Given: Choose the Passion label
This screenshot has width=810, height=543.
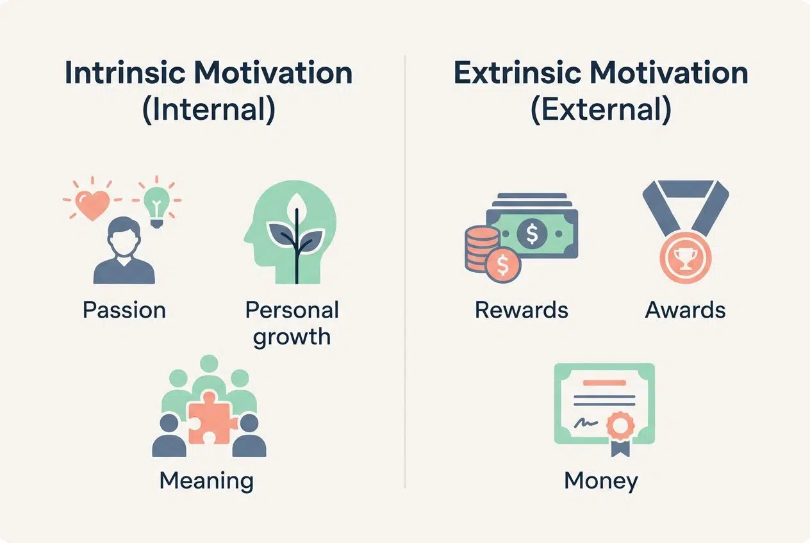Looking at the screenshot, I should click(x=124, y=310).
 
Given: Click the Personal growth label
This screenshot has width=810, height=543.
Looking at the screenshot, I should click(x=292, y=323).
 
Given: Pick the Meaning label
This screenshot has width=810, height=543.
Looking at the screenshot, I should click(x=206, y=480).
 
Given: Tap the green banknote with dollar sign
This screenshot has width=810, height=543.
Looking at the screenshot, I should click(x=532, y=234).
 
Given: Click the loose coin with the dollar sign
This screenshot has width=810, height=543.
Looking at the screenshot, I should click(x=503, y=264).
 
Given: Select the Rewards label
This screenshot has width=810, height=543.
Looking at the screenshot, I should click(x=521, y=310).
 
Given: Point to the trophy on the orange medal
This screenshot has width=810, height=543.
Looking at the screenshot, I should click(x=684, y=256).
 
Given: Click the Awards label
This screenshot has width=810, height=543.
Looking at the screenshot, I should click(x=685, y=310).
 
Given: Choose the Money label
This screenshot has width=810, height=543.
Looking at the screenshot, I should click(x=601, y=480).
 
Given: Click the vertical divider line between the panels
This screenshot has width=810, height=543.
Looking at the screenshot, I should click(x=405, y=269).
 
